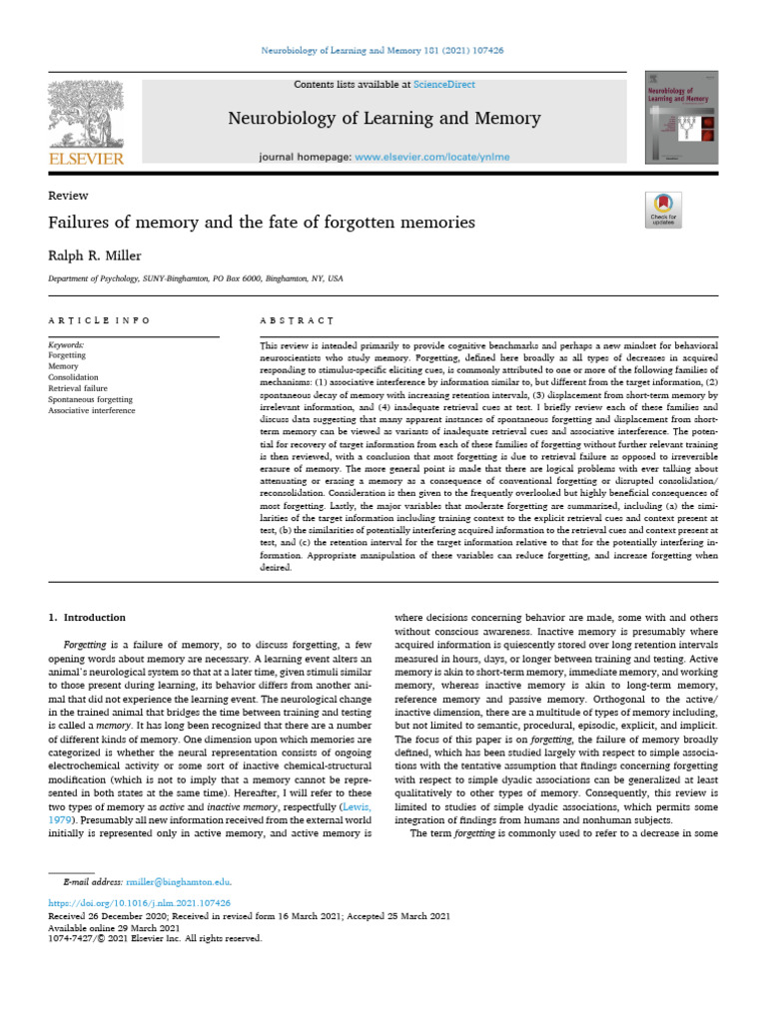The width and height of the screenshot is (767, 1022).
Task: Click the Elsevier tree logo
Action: [x=86, y=113]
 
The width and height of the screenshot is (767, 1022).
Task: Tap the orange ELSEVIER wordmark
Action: [x=86, y=159]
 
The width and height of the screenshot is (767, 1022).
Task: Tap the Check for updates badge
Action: [x=663, y=208]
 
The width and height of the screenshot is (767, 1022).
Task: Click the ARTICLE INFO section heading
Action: [x=100, y=320]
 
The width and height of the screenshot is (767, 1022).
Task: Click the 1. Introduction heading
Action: [x=88, y=618]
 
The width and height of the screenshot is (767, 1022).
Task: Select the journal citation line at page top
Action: [x=383, y=50]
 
